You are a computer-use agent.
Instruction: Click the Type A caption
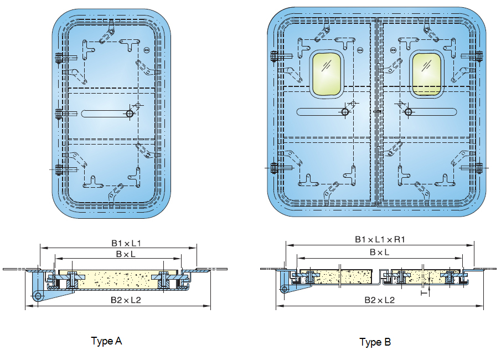tap(106, 341)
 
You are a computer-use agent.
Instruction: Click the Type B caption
tap(375, 342)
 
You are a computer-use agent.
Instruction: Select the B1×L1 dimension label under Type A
tap(126, 243)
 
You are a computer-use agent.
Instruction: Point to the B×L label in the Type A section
tap(126, 254)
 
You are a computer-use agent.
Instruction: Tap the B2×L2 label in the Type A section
tap(126, 300)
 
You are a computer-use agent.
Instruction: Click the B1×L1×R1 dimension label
tap(380, 239)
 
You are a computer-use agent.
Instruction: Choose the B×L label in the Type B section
tap(380, 252)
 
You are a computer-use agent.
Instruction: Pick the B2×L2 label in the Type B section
tap(380, 300)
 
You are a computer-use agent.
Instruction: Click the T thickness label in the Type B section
tap(423, 292)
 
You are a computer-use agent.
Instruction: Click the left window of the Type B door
tap(327, 74)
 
